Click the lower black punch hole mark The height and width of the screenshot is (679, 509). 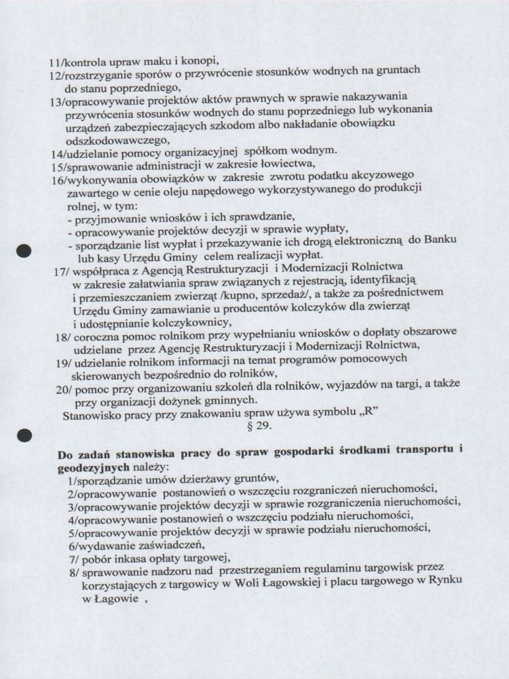click(x=25, y=435)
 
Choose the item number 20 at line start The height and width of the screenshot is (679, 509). click(x=63, y=390)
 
